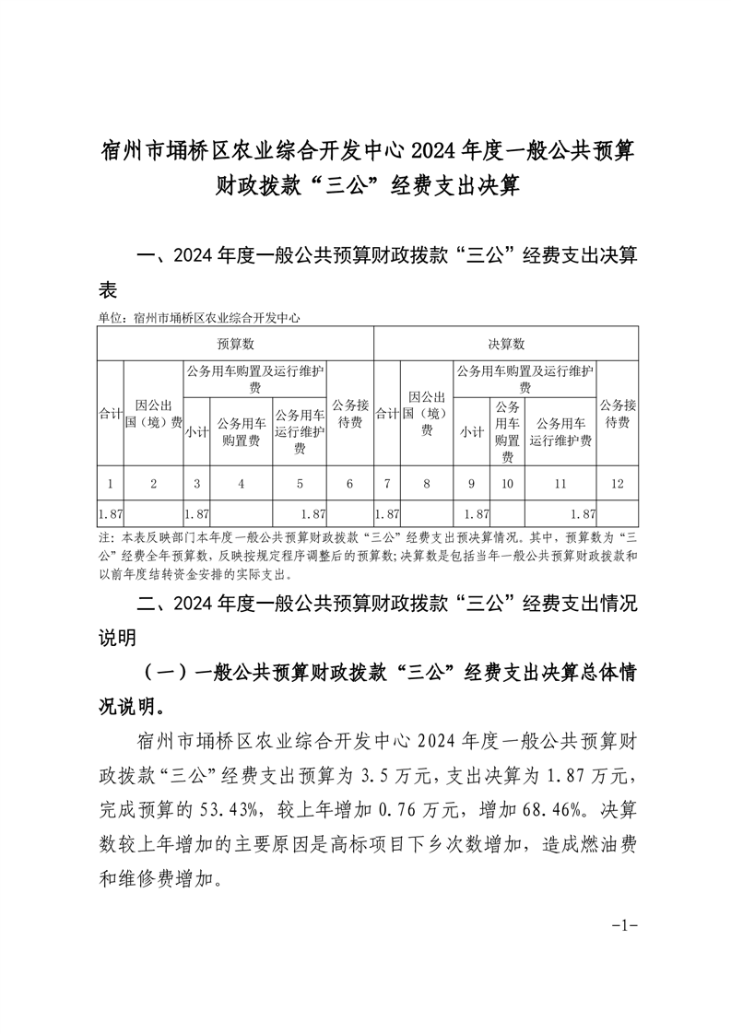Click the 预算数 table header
[235, 344]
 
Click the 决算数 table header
[506, 344]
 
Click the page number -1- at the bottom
[626, 924]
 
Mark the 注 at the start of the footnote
[101, 538]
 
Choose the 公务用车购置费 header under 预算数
[242, 431]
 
